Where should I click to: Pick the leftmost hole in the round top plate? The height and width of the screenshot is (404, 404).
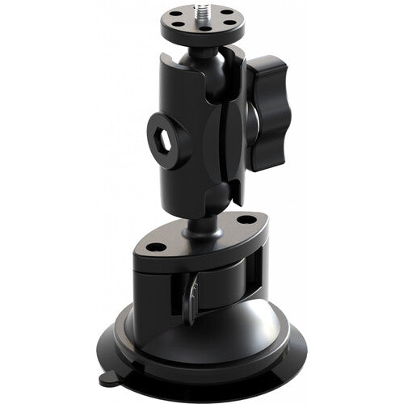[x=171, y=22]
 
